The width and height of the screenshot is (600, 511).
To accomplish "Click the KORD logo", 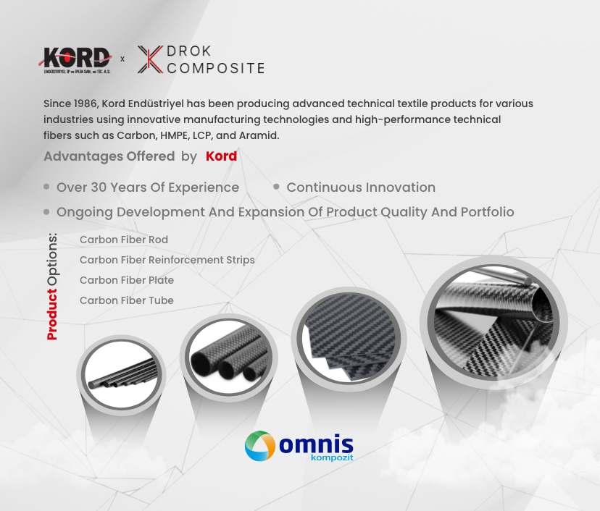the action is coord(75,59).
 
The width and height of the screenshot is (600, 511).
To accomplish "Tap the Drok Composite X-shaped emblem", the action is coord(150,59).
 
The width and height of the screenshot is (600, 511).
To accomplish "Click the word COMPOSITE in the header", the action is coord(216,69).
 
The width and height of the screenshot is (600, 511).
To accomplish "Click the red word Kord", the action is coord(221,156).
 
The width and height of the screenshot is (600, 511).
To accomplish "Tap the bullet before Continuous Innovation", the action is coord(276,187).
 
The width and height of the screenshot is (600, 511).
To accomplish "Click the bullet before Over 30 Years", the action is coord(46,187).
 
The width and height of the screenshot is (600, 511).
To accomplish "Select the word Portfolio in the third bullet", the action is coord(487,212).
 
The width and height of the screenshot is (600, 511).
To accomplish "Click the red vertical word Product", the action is coord(52,314).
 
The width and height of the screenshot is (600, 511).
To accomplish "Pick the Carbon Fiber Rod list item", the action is coord(124,240).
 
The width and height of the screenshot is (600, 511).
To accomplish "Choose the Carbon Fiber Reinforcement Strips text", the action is coord(167,260).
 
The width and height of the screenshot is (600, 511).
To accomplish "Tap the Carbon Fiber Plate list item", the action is coord(127,280).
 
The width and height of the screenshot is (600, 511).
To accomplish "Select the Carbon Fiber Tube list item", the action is coord(127,300).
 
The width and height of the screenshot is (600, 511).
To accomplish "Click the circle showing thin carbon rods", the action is coord(121,375).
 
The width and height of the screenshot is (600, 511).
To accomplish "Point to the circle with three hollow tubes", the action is coord(229,358).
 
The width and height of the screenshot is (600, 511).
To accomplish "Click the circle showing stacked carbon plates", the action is coord(349,339).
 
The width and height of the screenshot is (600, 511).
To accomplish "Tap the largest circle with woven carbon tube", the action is coord(493,322).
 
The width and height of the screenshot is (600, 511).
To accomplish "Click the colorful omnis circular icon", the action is coord(260,446).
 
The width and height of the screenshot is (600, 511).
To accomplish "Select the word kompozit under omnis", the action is coord(332,457).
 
